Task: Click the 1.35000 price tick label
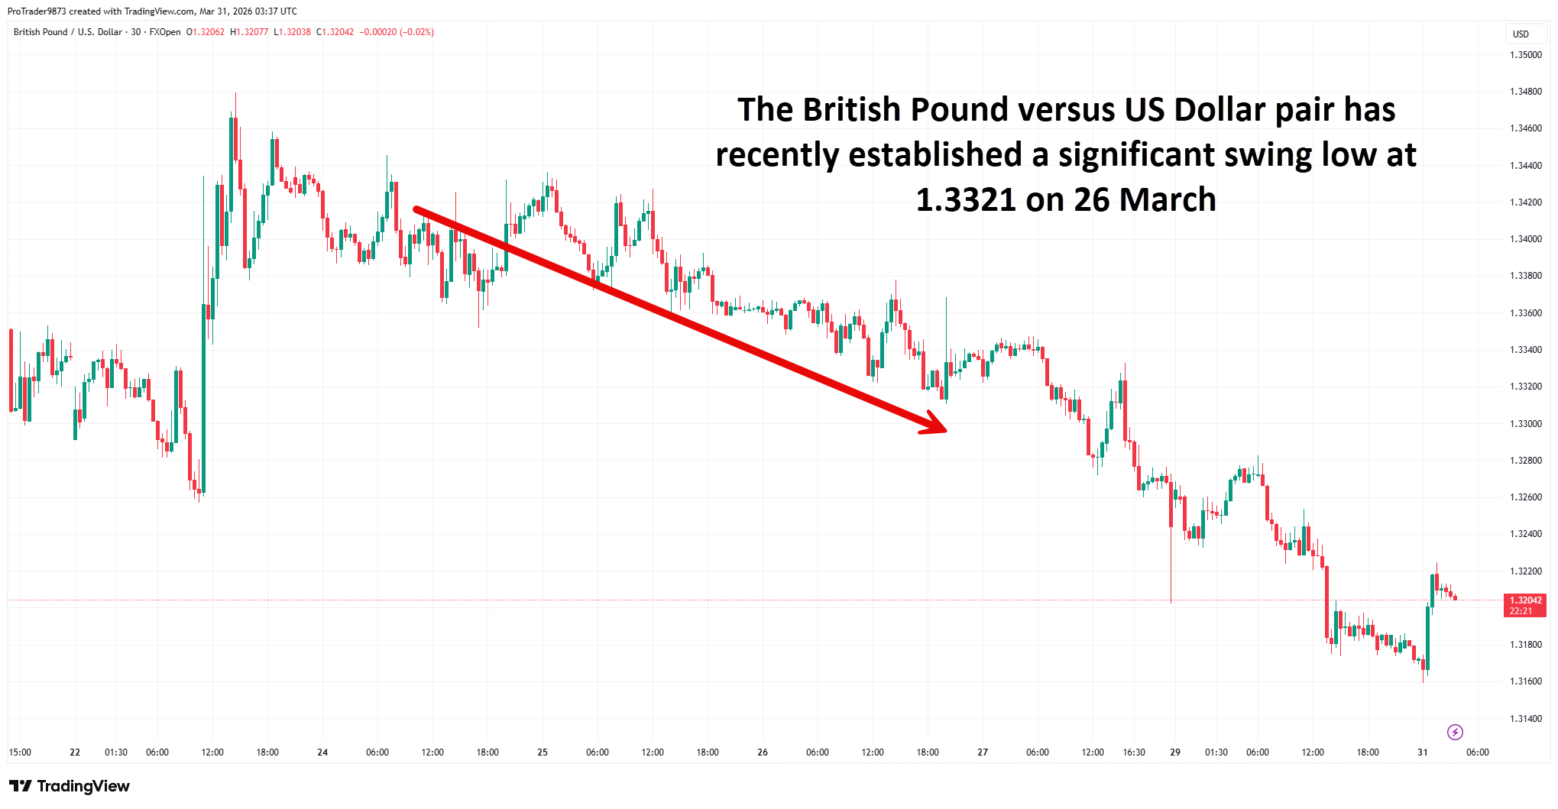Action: click(x=1525, y=55)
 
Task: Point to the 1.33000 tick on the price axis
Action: click(x=1525, y=424)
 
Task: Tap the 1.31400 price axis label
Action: click(x=1525, y=719)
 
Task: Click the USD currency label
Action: click(x=1521, y=34)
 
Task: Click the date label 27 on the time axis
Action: click(x=983, y=752)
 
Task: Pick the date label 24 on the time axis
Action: click(x=322, y=752)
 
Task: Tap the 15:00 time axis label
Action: click(x=20, y=752)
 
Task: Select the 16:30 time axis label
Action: click(x=1134, y=752)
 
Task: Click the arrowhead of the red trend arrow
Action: click(x=937, y=425)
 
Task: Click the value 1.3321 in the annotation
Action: click(x=965, y=200)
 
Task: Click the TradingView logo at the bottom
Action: click(x=70, y=786)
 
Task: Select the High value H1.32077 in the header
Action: click(x=249, y=32)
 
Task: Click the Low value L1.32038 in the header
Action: click(x=292, y=32)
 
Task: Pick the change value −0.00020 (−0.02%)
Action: click(x=397, y=32)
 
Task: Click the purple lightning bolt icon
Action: click(x=1455, y=733)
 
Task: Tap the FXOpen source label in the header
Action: click(x=165, y=32)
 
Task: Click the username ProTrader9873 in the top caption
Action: click(x=36, y=11)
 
